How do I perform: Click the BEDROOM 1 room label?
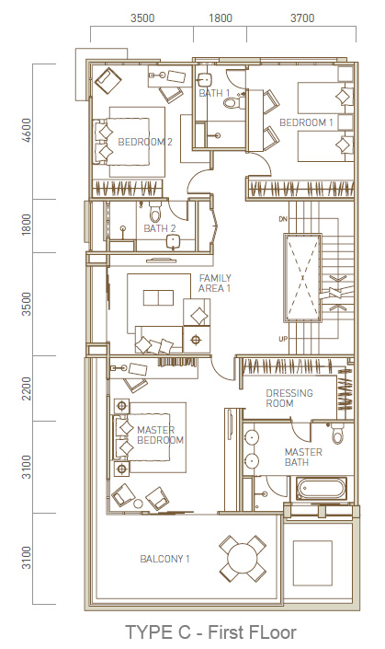tap(306, 122)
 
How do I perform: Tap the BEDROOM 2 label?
tap(145, 142)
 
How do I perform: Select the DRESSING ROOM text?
tap(289, 399)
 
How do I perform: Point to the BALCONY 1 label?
tap(164, 559)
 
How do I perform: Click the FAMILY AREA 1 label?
tap(215, 284)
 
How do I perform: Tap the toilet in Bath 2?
tap(156, 214)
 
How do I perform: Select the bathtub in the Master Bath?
tap(322, 489)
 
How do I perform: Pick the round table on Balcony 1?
tap(243, 558)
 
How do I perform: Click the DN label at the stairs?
tap(283, 218)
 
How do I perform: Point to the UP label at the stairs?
tap(283, 340)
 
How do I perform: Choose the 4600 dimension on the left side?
tap(26, 131)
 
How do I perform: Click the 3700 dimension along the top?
tap(302, 18)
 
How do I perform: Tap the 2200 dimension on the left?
tap(26, 388)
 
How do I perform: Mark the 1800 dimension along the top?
tap(221, 18)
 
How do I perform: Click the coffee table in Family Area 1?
tap(158, 297)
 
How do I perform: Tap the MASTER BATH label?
tap(303, 457)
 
